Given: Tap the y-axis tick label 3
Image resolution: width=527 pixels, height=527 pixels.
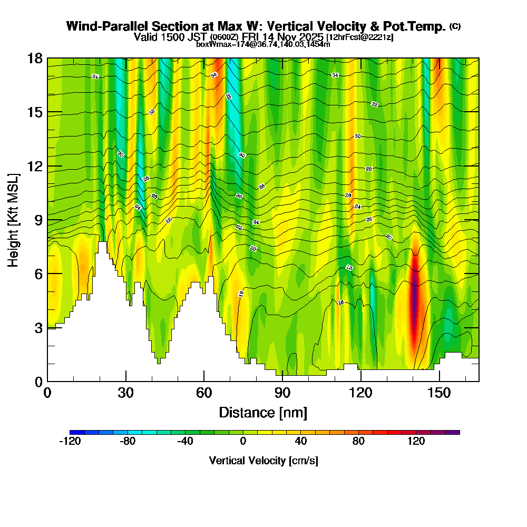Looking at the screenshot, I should tap(38, 328).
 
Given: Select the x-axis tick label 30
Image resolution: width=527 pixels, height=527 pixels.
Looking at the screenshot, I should tap(125, 393).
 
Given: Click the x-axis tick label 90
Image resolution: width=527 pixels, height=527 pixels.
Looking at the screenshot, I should tap(282, 393).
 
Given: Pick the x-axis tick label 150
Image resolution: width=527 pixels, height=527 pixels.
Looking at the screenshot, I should tap(439, 393).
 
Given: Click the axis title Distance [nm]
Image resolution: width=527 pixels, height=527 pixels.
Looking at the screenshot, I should tap(263, 412).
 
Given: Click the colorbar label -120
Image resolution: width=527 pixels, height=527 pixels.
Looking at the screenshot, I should tap(70, 442).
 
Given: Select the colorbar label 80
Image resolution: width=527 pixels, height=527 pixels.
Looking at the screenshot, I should tap(358, 442).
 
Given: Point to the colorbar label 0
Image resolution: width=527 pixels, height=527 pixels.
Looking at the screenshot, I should tap(243, 442).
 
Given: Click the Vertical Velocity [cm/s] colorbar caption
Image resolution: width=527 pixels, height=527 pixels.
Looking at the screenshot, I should tap(263, 461).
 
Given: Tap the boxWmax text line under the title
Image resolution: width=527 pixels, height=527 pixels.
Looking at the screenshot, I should tap(263, 44).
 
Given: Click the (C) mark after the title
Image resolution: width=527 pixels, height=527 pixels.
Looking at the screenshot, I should tap(455, 26).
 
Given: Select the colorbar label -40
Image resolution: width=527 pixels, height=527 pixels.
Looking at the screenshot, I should tap(185, 442).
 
